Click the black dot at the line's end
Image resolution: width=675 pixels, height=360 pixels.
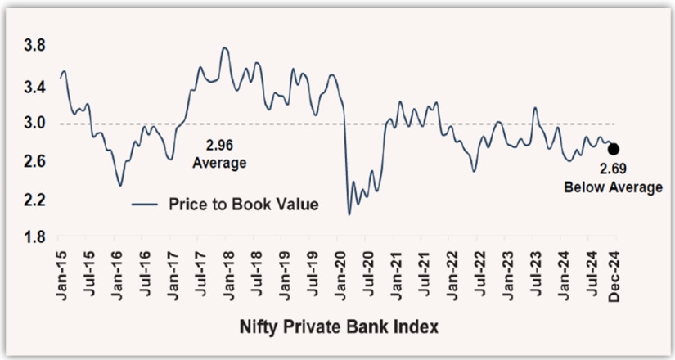[614, 150]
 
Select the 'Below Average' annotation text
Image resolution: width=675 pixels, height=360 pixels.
[614, 188]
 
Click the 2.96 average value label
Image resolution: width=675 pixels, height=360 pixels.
[218, 146]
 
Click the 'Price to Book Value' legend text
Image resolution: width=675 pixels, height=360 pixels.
[243, 205]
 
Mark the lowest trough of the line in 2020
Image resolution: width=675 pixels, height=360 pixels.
[349, 214]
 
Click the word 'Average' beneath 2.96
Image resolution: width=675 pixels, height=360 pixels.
[218, 163]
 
